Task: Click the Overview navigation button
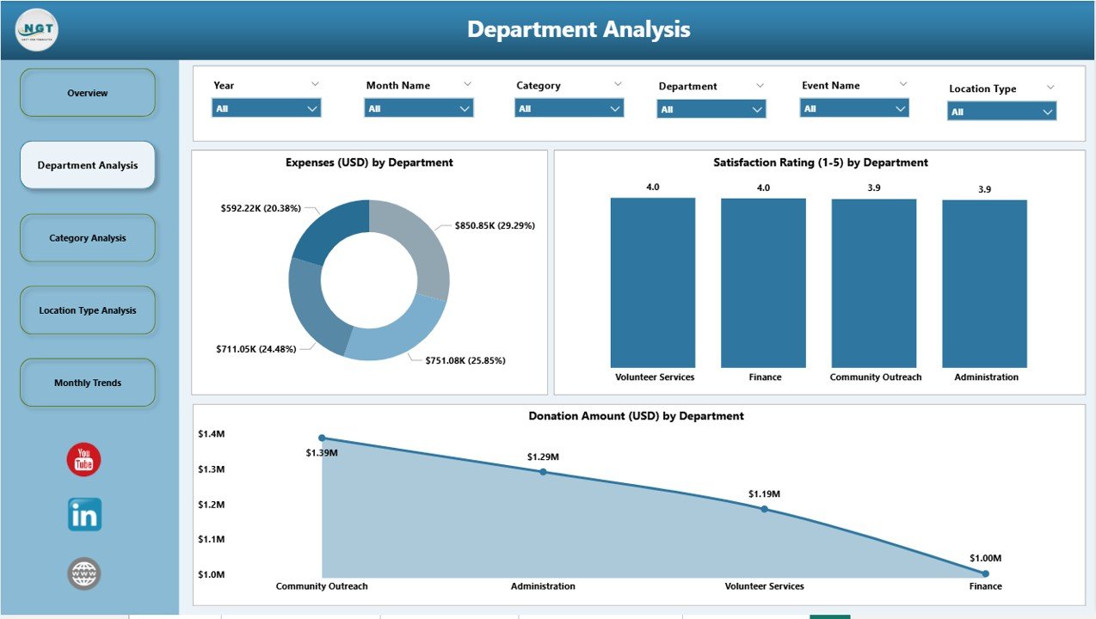click(88, 93)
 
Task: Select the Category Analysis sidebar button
click(88, 238)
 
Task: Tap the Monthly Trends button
click(88, 383)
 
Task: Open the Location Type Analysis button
click(88, 310)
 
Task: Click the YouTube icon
click(84, 460)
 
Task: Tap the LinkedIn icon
click(84, 515)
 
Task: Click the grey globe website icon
click(84, 573)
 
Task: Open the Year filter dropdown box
click(266, 108)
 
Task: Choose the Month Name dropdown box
click(419, 108)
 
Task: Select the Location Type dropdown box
click(1001, 112)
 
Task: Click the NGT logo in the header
click(37, 30)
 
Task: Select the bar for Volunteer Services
click(653, 283)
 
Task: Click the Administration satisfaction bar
click(984, 284)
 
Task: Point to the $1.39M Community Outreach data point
click(323, 438)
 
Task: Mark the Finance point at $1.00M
click(986, 573)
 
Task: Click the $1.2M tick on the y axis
click(211, 505)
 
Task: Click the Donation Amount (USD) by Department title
click(636, 416)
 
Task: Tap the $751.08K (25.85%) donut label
click(465, 360)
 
